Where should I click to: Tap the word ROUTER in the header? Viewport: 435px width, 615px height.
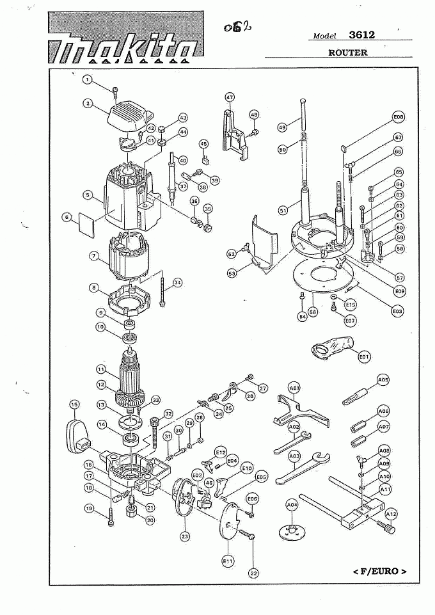[x=348, y=52]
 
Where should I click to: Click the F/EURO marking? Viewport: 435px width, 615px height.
[x=379, y=570]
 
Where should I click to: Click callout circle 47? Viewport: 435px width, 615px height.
[x=230, y=97]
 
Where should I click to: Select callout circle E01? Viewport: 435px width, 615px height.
[x=365, y=355]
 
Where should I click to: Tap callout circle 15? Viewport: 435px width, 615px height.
[x=74, y=404]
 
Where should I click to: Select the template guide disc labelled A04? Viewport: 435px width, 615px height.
[x=292, y=531]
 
